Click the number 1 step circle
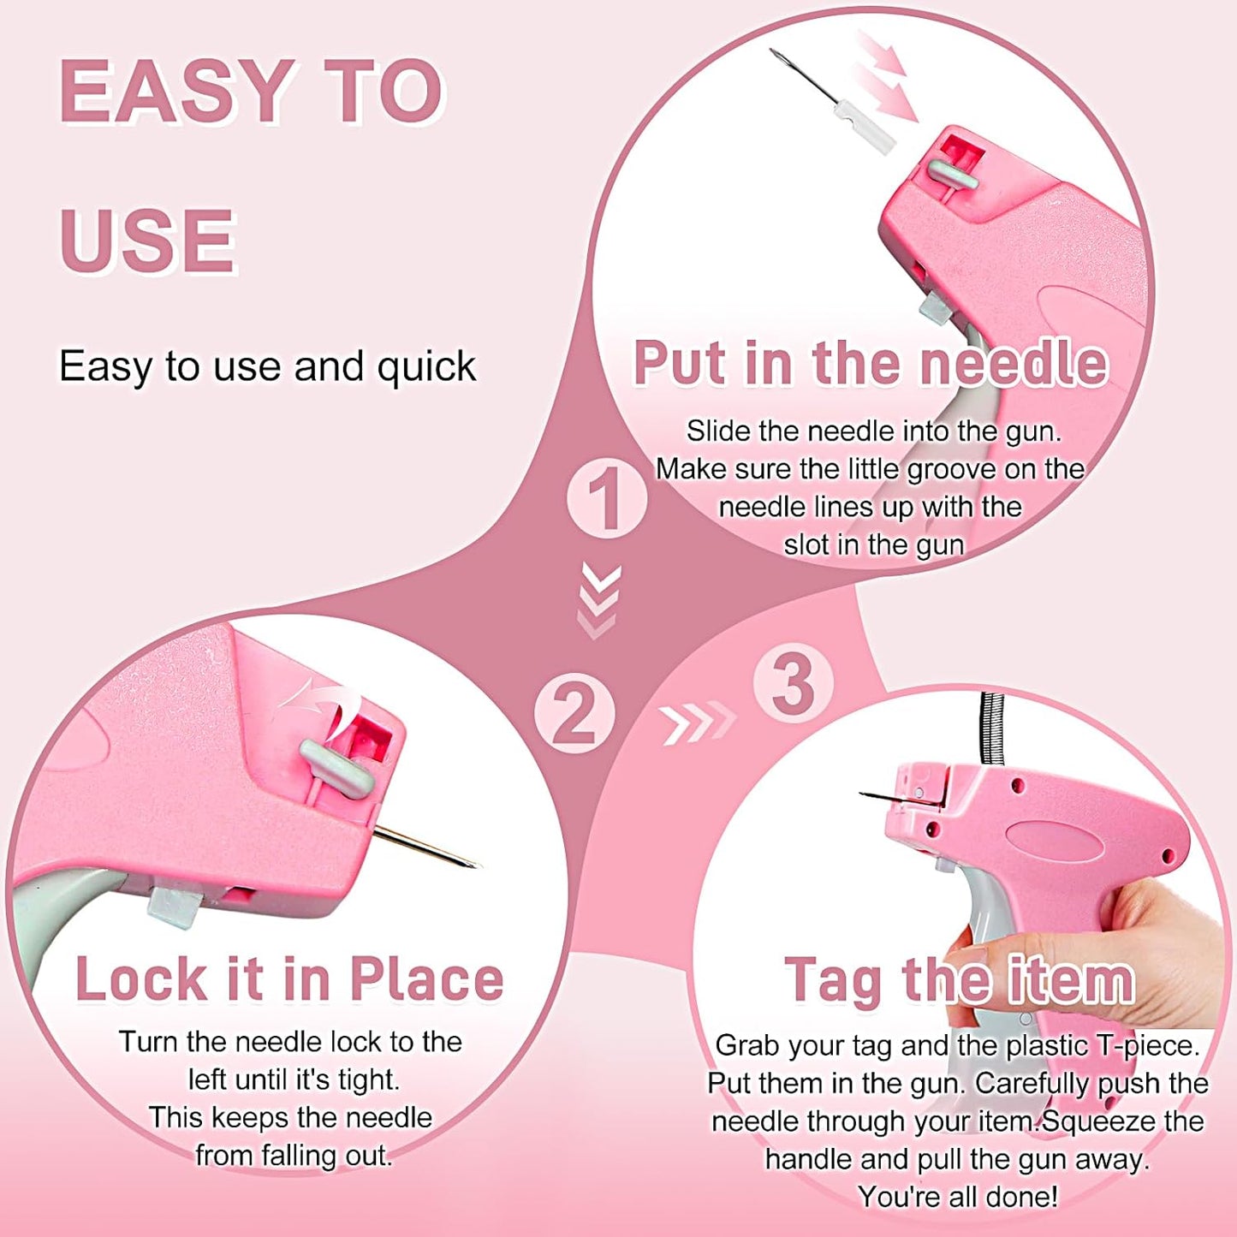(x=606, y=498)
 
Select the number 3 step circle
(x=793, y=683)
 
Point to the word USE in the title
(x=147, y=241)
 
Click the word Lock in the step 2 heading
(x=140, y=979)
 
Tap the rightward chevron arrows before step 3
(x=697, y=722)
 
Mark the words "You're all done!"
(x=957, y=1196)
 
